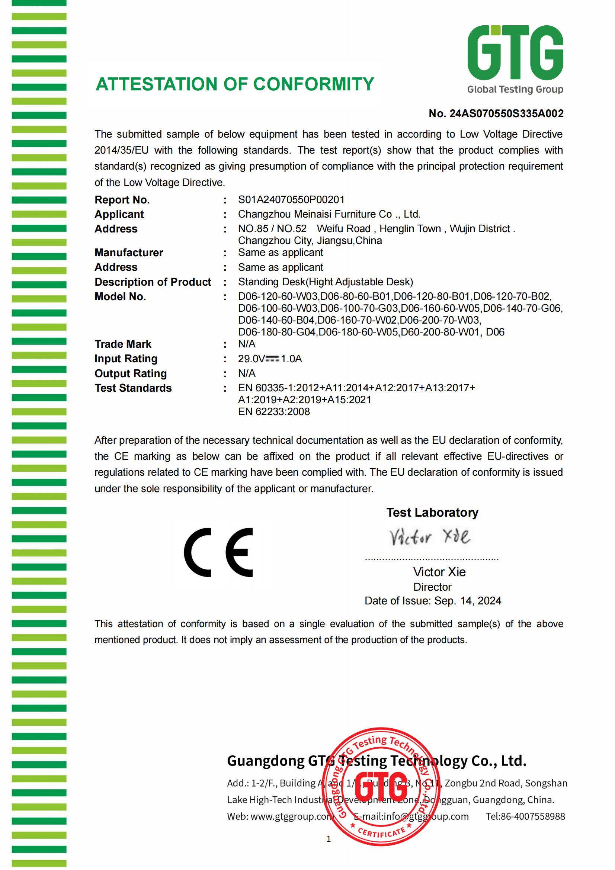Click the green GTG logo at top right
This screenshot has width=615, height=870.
click(515, 53)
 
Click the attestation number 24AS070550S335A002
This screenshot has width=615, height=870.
click(506, 114)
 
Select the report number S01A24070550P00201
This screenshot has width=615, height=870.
click(291, 200)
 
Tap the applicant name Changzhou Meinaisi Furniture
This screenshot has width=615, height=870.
click(329, 215)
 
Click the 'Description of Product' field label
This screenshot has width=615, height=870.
click(153, 282)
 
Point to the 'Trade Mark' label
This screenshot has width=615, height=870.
click(123, 344)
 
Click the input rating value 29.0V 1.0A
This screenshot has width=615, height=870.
click(270, 359)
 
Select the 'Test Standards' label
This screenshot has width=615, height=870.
click(133, 388)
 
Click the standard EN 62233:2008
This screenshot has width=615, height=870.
click(273, 411)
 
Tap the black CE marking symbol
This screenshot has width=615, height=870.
click(219, 552)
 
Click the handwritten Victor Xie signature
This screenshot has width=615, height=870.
click(430, 537)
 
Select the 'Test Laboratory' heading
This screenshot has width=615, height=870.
click(432, 512)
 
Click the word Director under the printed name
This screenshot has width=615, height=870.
click(432, 587)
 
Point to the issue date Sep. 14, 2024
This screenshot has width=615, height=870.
click(468, 601)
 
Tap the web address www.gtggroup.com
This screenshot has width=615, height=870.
click(291, 816)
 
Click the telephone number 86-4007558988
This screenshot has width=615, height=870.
click(532, 816)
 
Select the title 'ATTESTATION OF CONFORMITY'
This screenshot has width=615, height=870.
click(234, 84)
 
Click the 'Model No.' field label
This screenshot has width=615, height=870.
click(120, 297)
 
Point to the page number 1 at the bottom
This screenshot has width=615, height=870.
click(329, 839)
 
